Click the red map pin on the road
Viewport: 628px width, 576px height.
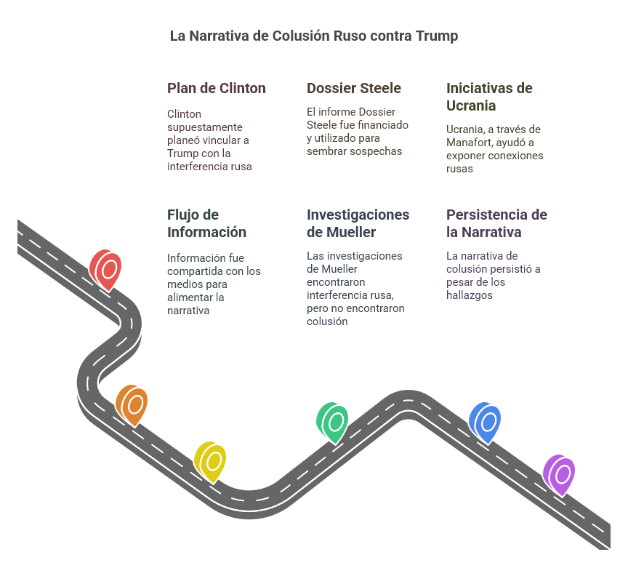click(105, 270)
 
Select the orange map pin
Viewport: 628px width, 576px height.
click(132, 405)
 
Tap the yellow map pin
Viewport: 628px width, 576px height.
click(210, 462)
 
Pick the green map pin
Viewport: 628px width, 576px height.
click(332, 423)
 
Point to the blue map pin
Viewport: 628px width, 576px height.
click(485, 423)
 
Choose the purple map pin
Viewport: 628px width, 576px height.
click(559, 476)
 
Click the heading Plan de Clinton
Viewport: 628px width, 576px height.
click(217, 88)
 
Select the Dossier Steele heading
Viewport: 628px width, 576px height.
click(354, 88)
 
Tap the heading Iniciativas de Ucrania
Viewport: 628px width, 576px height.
click(489, 97)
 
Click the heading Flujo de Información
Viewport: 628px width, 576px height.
click(206, 223)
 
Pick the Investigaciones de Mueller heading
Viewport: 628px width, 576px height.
click(358, 223)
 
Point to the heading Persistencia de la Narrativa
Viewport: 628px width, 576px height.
click(496, 223)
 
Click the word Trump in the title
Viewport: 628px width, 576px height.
click(437, 36)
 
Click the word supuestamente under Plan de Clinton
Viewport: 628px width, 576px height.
click(205, 127)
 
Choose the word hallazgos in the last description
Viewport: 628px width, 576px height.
click(470, 295)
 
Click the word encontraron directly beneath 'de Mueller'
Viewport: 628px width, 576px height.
click(336, 281)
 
